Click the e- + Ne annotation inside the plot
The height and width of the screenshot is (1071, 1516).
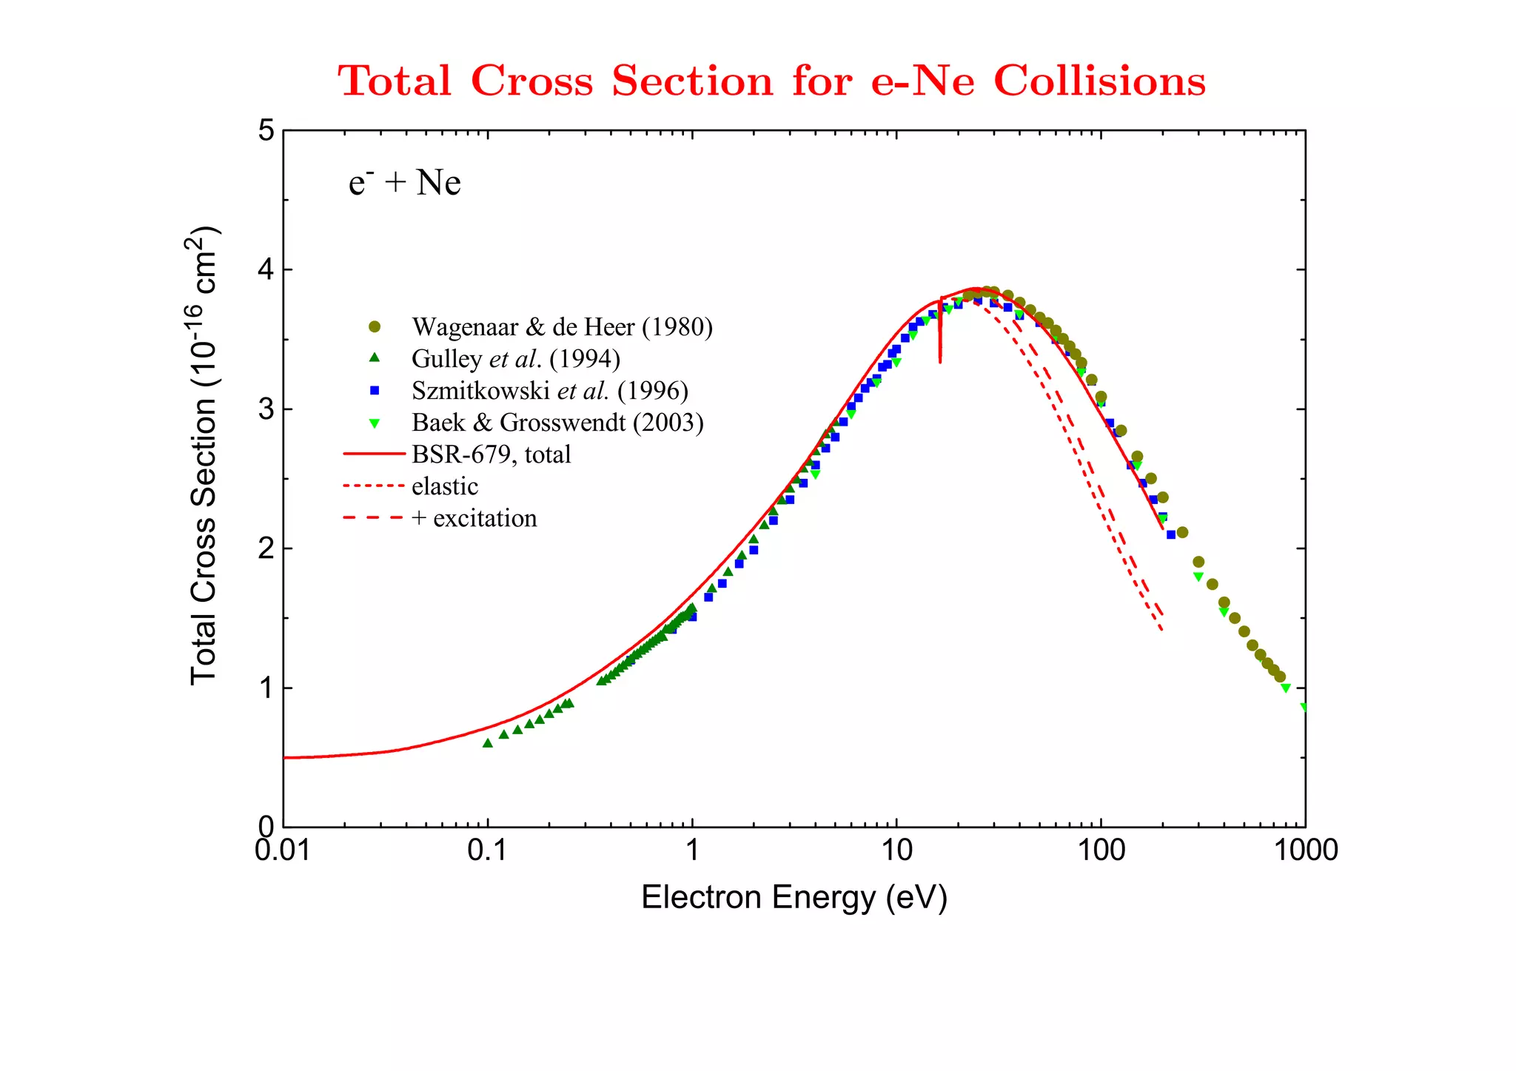click(404, 183)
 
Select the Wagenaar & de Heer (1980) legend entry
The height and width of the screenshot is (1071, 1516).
click(562, 327)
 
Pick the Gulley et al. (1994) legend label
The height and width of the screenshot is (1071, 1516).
click(516, 359)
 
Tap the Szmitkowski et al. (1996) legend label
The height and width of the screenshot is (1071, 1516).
click(550, 391)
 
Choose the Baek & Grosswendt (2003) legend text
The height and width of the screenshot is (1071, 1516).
click(557, 423)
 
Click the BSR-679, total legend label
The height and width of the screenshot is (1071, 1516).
click(491, 454)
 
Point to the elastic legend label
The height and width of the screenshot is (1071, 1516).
click(445, 486)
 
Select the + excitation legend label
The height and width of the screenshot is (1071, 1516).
click(474, 518)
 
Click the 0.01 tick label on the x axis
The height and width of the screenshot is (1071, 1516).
click(283, 850)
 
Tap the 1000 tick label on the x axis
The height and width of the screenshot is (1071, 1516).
click(1305, 850)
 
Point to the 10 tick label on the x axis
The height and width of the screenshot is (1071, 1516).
click(896, 850)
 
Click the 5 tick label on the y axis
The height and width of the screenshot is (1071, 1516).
click(266, 131)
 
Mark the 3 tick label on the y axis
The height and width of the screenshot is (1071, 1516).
click(266, 409)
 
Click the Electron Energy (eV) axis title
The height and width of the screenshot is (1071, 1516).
click(794, 898)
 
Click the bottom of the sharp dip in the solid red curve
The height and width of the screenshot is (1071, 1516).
click(940, 361)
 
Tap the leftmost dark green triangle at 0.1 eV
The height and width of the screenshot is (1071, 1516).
click(487, 743)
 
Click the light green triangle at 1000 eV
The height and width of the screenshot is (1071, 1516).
click(1304, 708)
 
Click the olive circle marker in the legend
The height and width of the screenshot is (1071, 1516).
click(375, 327)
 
